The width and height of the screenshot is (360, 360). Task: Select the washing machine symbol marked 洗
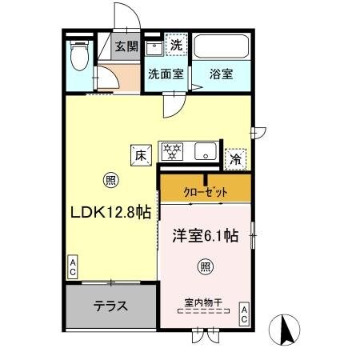coord(175,46)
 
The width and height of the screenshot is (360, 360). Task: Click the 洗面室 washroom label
coord(166,74)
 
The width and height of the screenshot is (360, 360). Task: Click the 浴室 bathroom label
coord(221,74)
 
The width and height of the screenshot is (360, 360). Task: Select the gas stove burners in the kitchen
coord(172,150)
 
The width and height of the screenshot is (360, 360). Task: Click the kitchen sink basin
coord(205,150)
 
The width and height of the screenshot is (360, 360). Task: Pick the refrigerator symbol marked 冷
coord(235,158)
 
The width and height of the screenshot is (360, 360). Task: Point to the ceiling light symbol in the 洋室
coord(206,266)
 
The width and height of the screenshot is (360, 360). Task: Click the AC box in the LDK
coord(72,267)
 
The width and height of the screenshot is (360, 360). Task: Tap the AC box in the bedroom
coord(244,314)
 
